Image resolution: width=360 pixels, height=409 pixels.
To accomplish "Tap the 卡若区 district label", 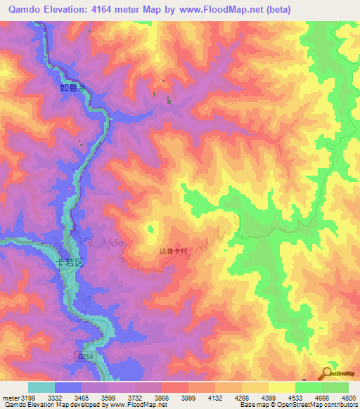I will [70, 262].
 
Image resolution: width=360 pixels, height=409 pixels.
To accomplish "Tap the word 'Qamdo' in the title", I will [25, 10].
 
